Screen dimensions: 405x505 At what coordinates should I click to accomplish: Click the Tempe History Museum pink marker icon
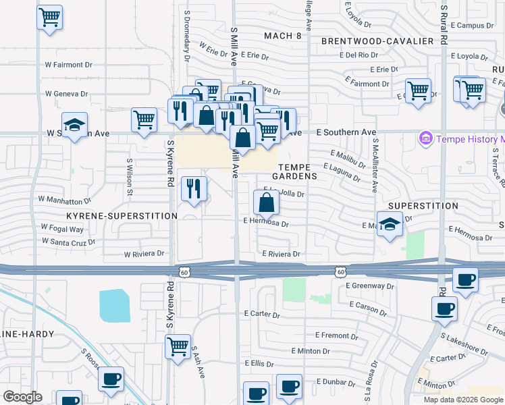click(x=425, y=139)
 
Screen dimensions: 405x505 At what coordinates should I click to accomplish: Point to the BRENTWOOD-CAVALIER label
click(x=377, y=41)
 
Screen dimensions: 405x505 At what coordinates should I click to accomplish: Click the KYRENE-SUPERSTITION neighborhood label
click(x=122, y=216)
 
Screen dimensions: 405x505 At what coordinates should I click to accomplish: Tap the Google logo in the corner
click(x=22, y=397)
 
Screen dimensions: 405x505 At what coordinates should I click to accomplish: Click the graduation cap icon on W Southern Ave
click(x=74, y=125)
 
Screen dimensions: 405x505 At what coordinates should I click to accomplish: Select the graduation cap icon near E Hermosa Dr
click(x=390, y=225)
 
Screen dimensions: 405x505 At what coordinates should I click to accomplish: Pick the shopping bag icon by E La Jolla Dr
click(x=267, y=202)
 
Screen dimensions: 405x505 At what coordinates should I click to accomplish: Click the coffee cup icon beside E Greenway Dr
click(x=465, y=279)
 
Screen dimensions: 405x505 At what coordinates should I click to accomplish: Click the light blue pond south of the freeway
click(x=115, y=306)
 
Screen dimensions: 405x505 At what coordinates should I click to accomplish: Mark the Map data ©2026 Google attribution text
click(x=463, y=400)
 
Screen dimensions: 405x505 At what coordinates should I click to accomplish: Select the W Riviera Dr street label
click(x=144, y=254)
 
